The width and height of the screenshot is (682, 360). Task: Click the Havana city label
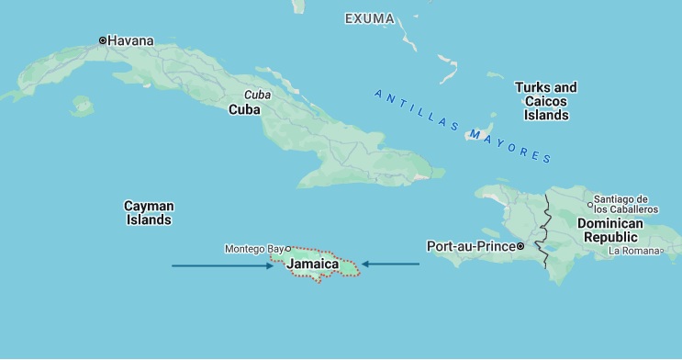[x=130, y=40]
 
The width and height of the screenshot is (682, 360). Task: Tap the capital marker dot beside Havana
[x=103, y=40]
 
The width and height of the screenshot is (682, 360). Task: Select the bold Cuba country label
[x=244, y=109]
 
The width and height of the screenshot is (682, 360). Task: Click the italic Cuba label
[x=257, y=95]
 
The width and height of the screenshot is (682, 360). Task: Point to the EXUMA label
[x=370, y=18]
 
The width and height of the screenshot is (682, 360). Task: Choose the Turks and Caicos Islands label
[x=545, y=101]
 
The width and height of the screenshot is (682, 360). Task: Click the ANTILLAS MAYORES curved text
[x=463, y=125]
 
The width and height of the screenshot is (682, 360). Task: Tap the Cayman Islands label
[x=149, y=213]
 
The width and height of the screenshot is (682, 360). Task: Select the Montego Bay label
[x=254, y=249]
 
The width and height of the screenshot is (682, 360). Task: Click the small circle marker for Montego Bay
[x=288, y=248]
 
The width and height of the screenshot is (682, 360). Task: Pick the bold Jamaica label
[x=313, y=264]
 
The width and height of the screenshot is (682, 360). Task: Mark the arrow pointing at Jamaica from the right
[x=390, y=264]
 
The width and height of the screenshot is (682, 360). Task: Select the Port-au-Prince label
[x=470, y=246]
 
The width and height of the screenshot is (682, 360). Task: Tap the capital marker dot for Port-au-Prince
[x=520, y=246]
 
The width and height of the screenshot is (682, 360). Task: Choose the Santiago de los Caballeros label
[x=626, y=204]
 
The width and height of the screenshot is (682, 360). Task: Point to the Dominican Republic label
[x=610, y=230]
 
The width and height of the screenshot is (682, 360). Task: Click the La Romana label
[x=634, y=251]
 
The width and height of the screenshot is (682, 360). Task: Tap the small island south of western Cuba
[x=82, y=106]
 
